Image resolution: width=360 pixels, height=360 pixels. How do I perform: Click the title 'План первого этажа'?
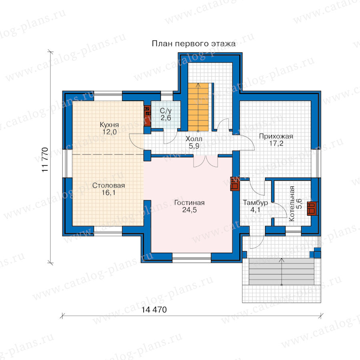click(x=194, y=44)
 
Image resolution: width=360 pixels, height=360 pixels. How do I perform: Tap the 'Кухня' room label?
click(x=109, y=125)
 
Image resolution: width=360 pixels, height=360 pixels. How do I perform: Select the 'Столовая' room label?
click(x=108, y=185)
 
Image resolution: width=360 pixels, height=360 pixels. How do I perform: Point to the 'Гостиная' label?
click(x=190, y=202)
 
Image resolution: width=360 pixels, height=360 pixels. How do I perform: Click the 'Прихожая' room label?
click(x=276, y=136)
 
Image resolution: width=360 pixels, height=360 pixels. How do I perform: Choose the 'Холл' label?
click(x=194, y=139)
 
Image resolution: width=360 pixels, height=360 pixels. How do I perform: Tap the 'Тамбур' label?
click(x=255, y=203)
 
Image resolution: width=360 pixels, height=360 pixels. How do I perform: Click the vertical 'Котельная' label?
click(x=292, y=204)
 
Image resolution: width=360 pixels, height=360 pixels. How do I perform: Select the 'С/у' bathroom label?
click(x=166, y=111)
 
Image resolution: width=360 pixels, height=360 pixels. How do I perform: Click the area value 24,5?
click(x=190, y=210)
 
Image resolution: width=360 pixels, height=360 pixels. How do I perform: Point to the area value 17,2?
click(x=276, y=143)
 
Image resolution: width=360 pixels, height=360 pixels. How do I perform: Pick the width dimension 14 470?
click(x=154, y=310)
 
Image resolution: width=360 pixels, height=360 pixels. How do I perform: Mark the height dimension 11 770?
click(x=45, y=160)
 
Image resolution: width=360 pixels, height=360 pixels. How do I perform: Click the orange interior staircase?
click(x=198, y=107)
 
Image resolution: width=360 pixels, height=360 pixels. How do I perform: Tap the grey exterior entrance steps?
click(x=282, y=272)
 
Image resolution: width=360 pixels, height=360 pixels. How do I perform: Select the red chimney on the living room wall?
click(x=235, y=184)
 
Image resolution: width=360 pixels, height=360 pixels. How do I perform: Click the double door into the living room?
click(x=206, y=161)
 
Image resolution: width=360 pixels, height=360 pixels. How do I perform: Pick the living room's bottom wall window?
click(x=192, y=258)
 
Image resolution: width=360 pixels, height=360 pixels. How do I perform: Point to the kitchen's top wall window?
click(x=108, y=96)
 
